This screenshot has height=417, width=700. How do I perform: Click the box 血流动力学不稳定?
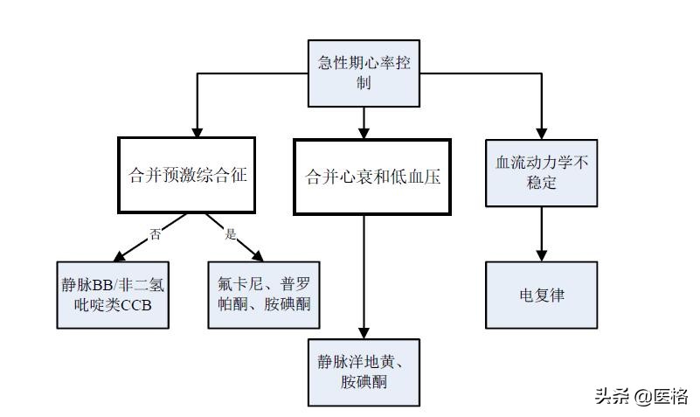542,173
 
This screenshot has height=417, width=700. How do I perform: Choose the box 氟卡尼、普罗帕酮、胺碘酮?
264,295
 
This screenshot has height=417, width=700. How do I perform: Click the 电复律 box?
542,295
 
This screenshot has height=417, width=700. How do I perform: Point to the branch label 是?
231,233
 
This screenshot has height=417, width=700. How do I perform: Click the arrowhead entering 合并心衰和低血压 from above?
364,130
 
